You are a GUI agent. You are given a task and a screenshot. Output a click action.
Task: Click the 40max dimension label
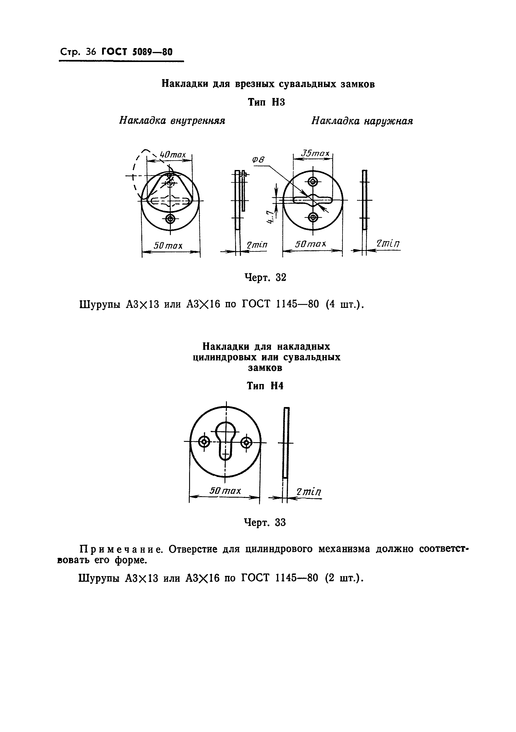tap(172, 155)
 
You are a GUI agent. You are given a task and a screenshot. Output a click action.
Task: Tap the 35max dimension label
tap(315, 154)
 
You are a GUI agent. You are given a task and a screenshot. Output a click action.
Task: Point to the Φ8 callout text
tap(258, 160)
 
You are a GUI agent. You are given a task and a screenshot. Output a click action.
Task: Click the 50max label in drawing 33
tap(225, 491)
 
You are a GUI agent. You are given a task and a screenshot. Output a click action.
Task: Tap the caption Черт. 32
tap(265, 277)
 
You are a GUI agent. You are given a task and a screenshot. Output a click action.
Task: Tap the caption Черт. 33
tap(265, 522)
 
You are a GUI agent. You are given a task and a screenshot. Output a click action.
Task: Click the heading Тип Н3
tap(266, 102)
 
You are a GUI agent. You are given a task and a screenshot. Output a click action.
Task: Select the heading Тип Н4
tap(265, 386)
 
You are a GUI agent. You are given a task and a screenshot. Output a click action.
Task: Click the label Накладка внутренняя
tap(172, 120)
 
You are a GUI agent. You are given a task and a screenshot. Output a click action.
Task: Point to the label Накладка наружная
tap(362, 121)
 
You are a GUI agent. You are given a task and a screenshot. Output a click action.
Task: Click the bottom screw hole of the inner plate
tap(171, 219)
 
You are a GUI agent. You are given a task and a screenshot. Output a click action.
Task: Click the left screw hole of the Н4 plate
tap(204, 442)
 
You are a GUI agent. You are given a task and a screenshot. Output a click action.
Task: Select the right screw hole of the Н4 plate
tap(246, 442)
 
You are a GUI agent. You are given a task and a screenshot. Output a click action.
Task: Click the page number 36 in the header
tap(91, 52)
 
